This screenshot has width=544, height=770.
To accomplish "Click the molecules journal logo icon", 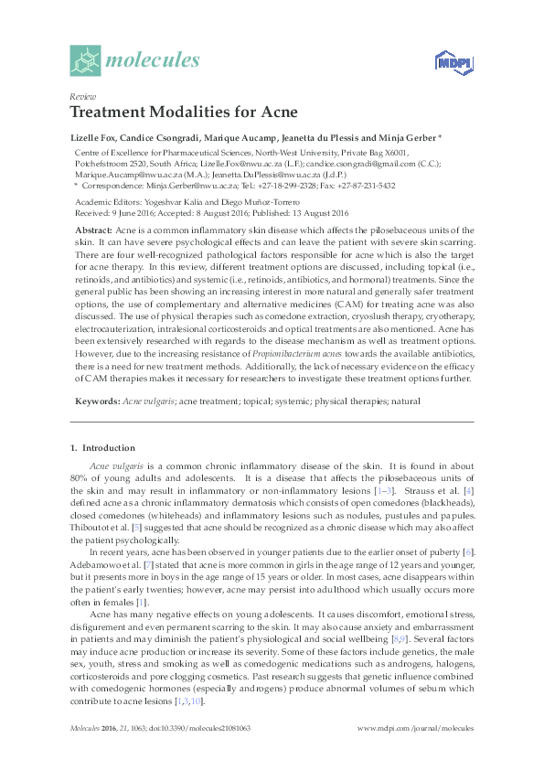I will tap(85, 61).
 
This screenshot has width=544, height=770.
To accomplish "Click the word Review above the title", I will tap(83, 97).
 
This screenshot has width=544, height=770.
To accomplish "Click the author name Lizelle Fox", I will tap(94, 137).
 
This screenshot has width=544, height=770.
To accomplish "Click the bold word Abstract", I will tap(92, 230).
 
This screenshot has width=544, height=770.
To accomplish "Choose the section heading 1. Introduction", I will tap(102, 448).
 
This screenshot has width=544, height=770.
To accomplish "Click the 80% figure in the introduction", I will tap(80, 478).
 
